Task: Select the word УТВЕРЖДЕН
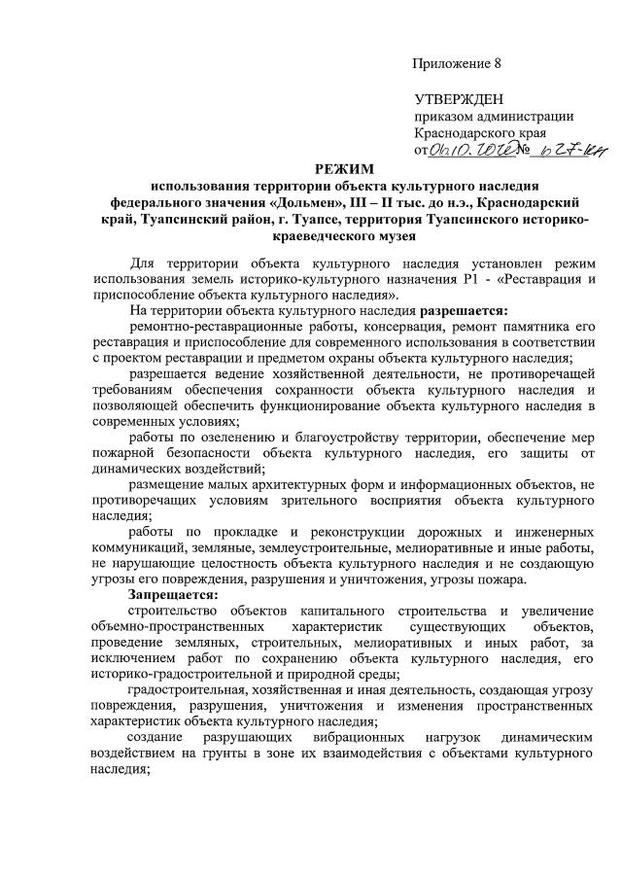coord(460,99)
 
